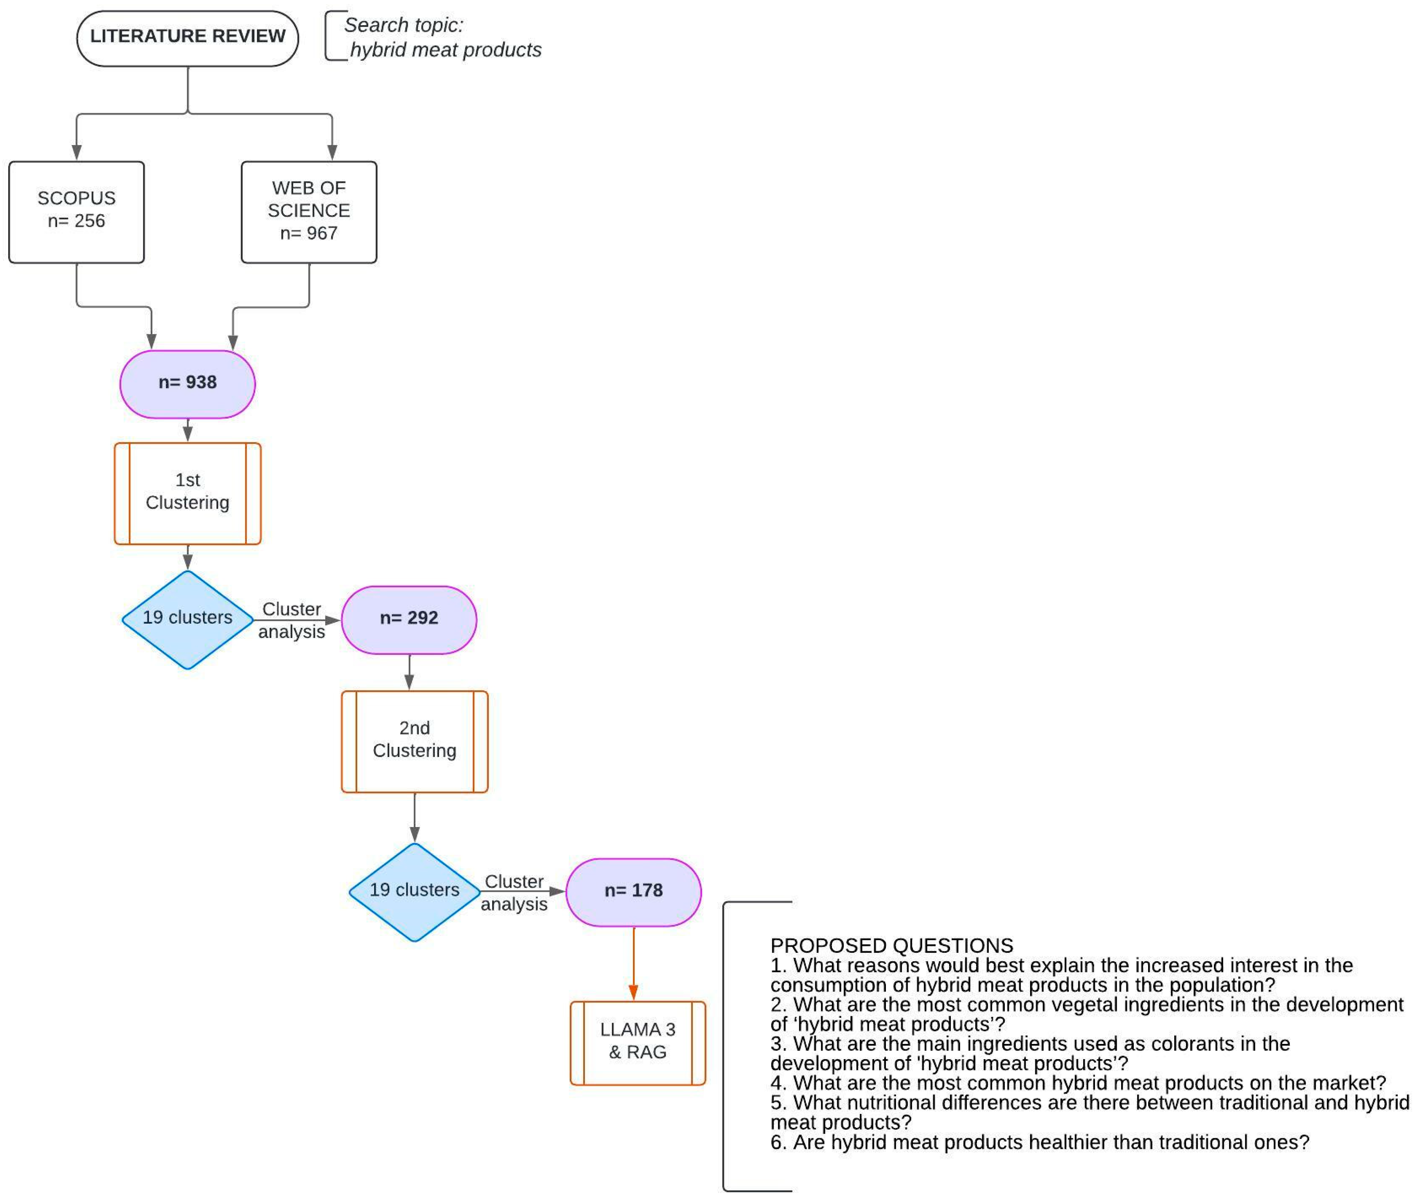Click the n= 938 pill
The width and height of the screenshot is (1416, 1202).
tap(187, 384)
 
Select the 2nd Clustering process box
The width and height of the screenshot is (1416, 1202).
tap(414, 741)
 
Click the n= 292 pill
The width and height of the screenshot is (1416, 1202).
tap(409, 619)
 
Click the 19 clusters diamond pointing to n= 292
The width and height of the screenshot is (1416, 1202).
tap(187, 619)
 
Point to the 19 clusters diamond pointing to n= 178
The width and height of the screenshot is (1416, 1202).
tap(414, 891)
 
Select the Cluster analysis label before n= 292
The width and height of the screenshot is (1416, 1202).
tap(292, 620)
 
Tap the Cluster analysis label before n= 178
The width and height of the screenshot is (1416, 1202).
tap(514, 893)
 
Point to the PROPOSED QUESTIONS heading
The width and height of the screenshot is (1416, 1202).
tap(891, 946)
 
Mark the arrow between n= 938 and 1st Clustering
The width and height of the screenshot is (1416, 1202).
tap(187, 431)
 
